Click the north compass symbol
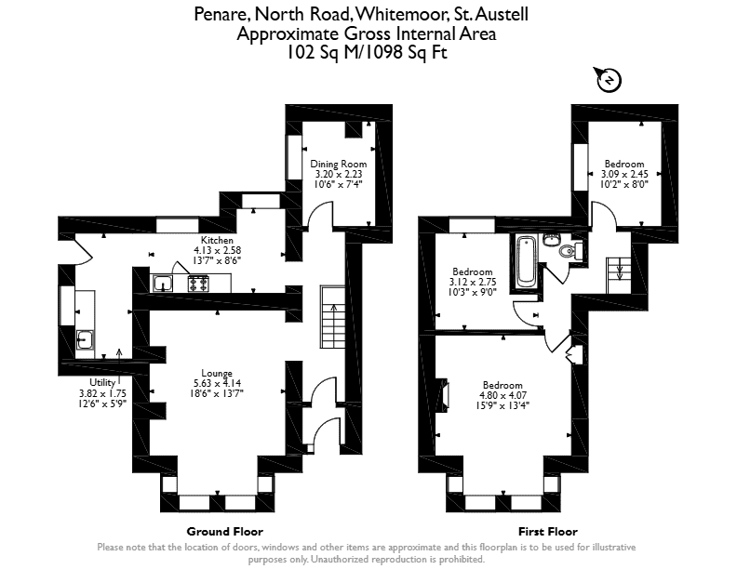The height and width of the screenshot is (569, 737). [x=608, y=80]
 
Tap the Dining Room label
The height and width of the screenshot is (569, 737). [x=339, y=164]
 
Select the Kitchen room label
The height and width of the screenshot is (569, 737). [x=217, y=240]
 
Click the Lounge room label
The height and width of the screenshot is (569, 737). [x=217, y=373]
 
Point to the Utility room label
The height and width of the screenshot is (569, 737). [x=102, y=382]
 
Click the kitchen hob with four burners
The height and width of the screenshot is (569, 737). [x=198, y=284]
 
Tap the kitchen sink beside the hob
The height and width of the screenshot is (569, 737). [x=163, y=284]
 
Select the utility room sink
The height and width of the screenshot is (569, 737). [x=85, y=339]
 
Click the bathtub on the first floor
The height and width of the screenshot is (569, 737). [x=526, y=261]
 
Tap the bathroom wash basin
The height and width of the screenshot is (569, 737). [x=550, y=240]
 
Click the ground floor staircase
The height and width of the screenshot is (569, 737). [x=333, y=316]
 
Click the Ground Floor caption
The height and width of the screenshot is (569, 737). [x=224, y=532]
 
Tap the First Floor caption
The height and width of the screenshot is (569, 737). [x=547, y=532]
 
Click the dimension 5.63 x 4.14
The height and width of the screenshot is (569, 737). [x=217, y=383]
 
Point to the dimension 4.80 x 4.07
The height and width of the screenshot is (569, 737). [x=502, y=395]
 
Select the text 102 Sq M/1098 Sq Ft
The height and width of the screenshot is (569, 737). [x=367, y=52]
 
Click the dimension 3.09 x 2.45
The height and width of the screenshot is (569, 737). [x=624, y=174]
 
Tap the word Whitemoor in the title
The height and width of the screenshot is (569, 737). [x=401, y=14]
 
